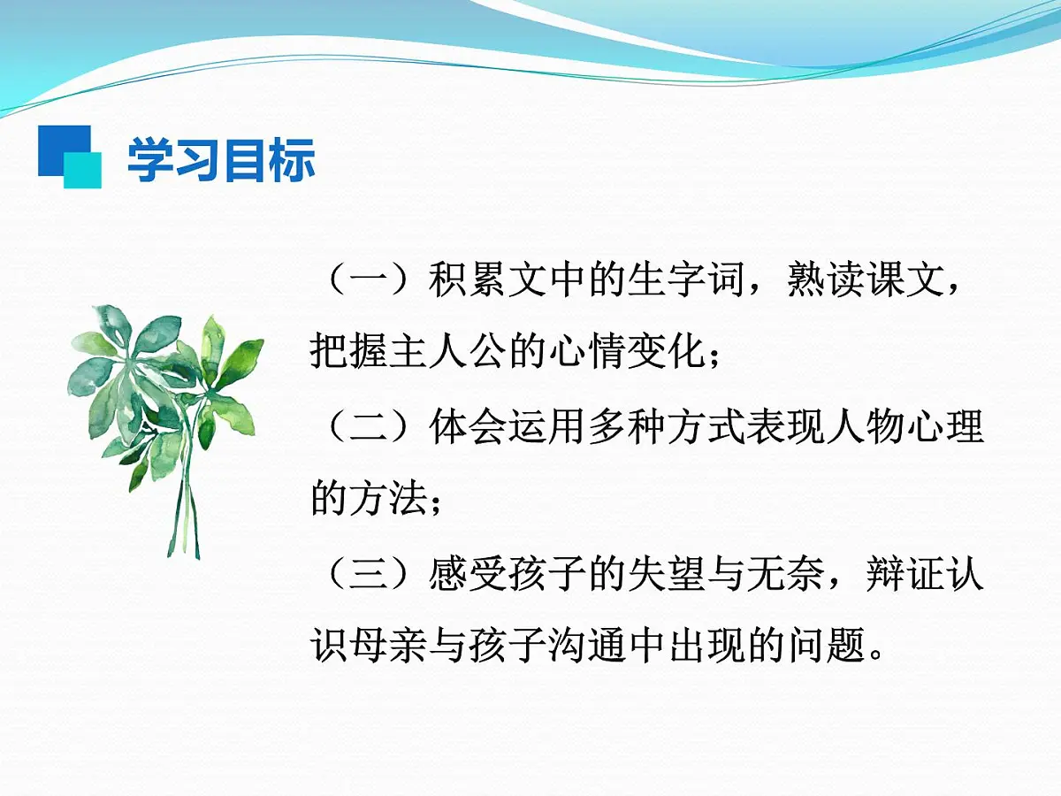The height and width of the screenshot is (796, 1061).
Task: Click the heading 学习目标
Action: pyautogui.click(x=222, y=161)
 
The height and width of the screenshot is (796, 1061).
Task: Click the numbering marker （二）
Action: pyautogui.click(x=366, y=428)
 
